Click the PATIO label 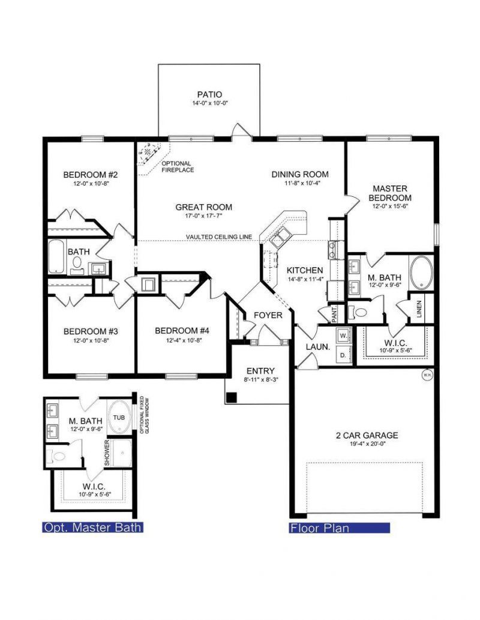click(209, 94)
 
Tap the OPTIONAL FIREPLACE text click(177, 166)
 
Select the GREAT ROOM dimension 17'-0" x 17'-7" click(203, 217)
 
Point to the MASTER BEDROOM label click(390, 193)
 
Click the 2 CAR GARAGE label click(367, 435)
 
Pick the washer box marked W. click(343, 335)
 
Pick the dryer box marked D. click(343, 355)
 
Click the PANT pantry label click(335, 312)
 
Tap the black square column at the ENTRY click(232, 397)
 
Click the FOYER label click(268, 315)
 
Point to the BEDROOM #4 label click(182, 331)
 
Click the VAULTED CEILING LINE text click(218, 236)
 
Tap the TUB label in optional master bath click(119, 417)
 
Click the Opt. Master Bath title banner click(92, 528)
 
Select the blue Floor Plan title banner click(339, 528)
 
